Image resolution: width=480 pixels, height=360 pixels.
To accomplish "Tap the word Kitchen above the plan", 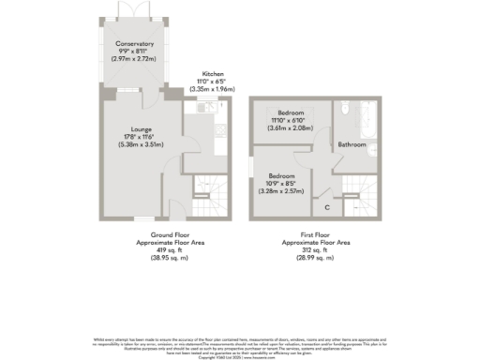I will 211,76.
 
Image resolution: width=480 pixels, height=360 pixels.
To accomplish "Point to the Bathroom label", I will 352,144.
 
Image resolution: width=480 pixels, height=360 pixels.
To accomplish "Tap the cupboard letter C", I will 326,206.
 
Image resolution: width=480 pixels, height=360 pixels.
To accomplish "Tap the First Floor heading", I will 315,234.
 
